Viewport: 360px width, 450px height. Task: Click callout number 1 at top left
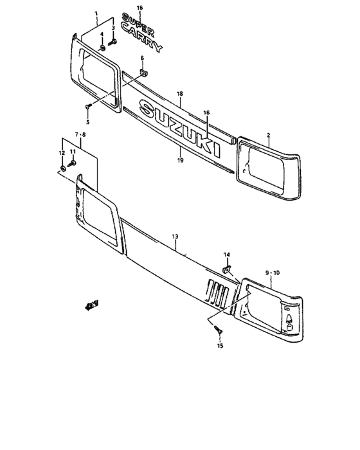pyautogui.click(x=96, y=14)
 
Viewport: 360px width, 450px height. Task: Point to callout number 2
pyautogui.click(x=269, y=135)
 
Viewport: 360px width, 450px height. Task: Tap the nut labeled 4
pyautogui.click(x=102, y=49)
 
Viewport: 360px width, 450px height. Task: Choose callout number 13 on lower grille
pyautogui.click(x=175, y=237)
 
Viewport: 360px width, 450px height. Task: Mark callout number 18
pyautogui.click(x=181, y=93)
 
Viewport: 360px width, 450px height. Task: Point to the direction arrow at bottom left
pyautogui.click(x=91, y=304)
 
